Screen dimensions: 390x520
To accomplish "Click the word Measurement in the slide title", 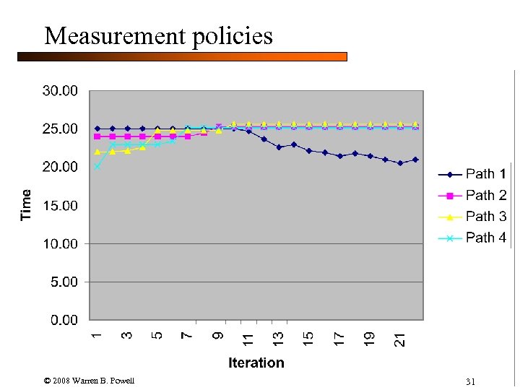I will (x=116, y=35).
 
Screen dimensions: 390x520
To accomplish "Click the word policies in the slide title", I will (x=233, y=35).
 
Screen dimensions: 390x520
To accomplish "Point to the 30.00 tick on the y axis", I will (x=61, y=91).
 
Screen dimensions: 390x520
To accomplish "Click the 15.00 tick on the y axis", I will (x=61, y=205).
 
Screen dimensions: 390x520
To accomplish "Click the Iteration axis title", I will (x=256, y=363).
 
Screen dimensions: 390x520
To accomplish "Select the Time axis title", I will (x=27, y=205).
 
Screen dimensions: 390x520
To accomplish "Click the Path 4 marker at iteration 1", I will (x=97, y=166).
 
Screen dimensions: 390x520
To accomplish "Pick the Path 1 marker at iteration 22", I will (x=415, y=160).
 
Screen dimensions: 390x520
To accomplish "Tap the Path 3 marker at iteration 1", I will (x=97, y=152).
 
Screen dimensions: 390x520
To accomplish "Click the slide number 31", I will (x=470, y=381).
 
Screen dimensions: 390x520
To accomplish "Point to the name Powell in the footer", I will (x=122, y=381).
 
